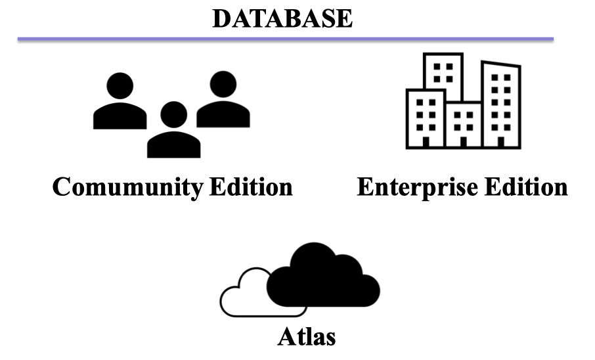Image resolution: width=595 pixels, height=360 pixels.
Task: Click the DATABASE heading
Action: pyautogui.click(x=282, y=18)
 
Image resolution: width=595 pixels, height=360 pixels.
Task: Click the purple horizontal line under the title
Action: pyautogui.click(x=285, y=39)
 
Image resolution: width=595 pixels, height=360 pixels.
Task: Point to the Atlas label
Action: pyautogui.click(x=307, y=338)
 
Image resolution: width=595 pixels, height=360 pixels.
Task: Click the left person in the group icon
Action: pyautogui.click(x=120, y=105)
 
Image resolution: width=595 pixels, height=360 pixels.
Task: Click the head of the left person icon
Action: pyautogui.click(x=120, y=85)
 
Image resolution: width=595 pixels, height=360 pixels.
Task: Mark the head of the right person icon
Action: pyautogui.click(x=223, y=83)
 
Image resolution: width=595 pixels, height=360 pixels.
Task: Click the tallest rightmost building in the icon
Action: pyautogui.click(x=502, y=105)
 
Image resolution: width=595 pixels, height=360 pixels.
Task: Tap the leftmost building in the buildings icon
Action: pyautogui.click(x=426, y=118)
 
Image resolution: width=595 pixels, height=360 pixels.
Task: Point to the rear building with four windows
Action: pyautogui.click(x=443, y=72)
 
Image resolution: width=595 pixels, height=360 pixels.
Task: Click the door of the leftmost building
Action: pyautogui.click(x=426, y=141)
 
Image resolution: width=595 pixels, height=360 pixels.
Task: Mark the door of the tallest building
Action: pyautogui.click(x=502, y=141)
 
